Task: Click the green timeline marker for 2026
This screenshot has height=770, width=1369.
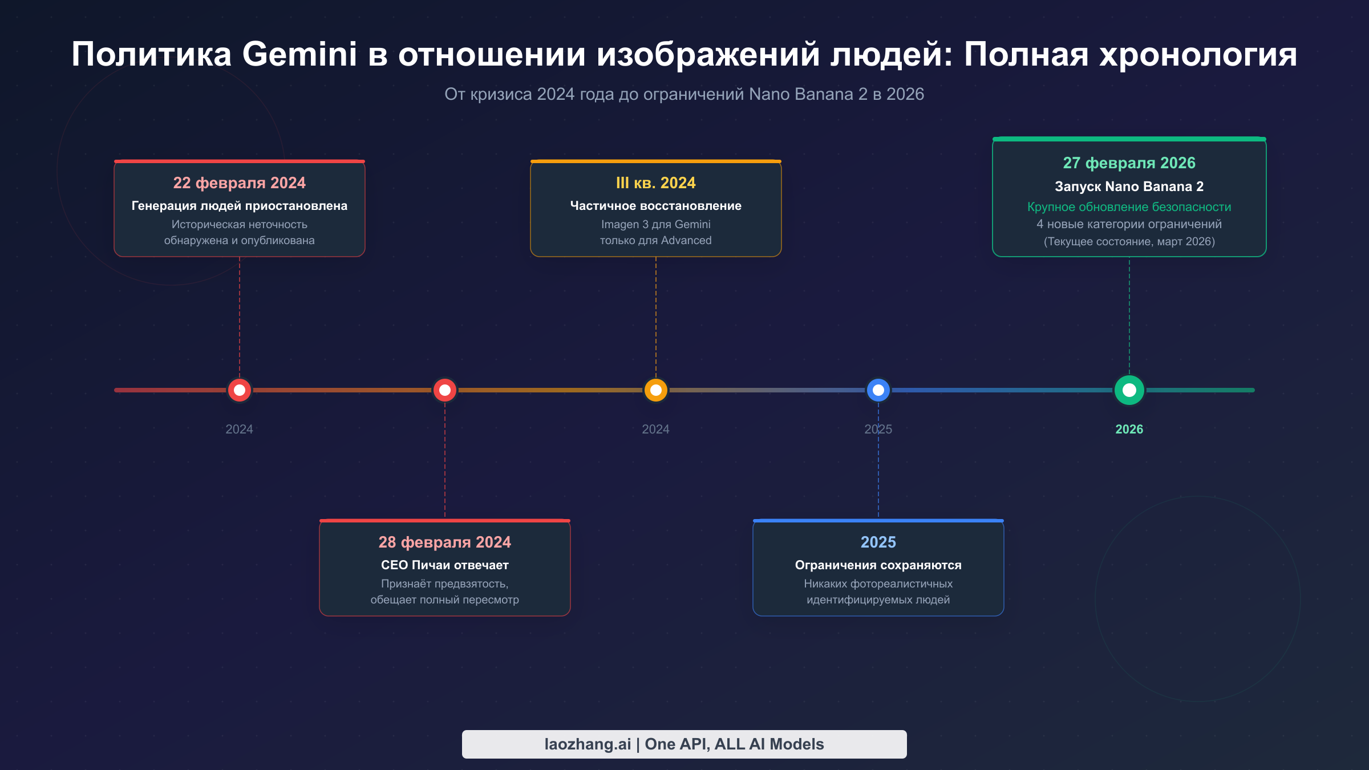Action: (1129, 390)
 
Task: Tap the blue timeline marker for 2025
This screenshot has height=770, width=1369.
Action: (878, 390)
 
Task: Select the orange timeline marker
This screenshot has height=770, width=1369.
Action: (655, 390)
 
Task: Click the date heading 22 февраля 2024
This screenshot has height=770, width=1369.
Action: (239, 183)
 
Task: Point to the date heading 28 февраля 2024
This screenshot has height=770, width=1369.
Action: (444, 542)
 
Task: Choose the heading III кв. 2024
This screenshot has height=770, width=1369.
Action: (655, 183)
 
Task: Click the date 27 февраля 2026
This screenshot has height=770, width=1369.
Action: (1129, 163)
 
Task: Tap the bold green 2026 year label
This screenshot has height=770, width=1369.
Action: (1129, 429)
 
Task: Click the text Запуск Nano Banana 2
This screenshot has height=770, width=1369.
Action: (1129, 187)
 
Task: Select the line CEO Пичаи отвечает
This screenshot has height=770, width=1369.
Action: (444, 565)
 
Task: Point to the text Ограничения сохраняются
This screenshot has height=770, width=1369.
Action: (878, 565)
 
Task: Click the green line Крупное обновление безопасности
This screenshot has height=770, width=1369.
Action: (1129, 206)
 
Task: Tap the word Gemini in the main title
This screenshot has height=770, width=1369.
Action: (299, 55)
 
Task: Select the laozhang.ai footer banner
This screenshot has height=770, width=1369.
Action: (684, 744)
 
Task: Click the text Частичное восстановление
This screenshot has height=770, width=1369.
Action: (655, 205)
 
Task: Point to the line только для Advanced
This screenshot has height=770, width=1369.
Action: (655, 240)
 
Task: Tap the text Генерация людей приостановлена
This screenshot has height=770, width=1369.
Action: (239, 205)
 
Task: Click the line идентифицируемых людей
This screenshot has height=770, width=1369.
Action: (878, 599)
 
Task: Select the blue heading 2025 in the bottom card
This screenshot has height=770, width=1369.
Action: (878, 542)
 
